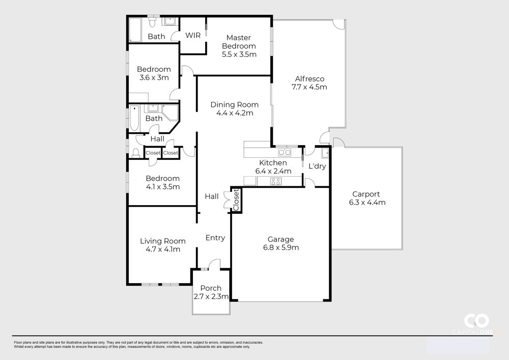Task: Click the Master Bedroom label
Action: coord(239,42)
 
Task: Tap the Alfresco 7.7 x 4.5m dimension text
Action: coord(309,87)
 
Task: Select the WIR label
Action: coord(193,35)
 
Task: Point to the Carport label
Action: coord(366,194)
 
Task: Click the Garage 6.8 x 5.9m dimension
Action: coord(281,247)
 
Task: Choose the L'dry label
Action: coord(317,166)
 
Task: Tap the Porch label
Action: coord(211,288)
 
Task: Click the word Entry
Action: coord(215,238)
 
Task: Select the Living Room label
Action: coord(163,241)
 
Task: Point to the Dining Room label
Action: coord(234,104)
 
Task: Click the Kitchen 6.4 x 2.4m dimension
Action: coord(273,171)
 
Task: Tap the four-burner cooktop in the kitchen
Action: coord(276,181)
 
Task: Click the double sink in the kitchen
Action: coord(285,152)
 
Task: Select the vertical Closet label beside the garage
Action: coord(236,200)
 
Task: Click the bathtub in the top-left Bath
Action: coord(135,30)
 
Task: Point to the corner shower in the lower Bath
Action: coord(171,113)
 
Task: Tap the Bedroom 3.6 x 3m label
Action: coord(154,73)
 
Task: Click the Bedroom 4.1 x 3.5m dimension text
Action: coord(163,187)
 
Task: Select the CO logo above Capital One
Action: coord(476,321)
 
